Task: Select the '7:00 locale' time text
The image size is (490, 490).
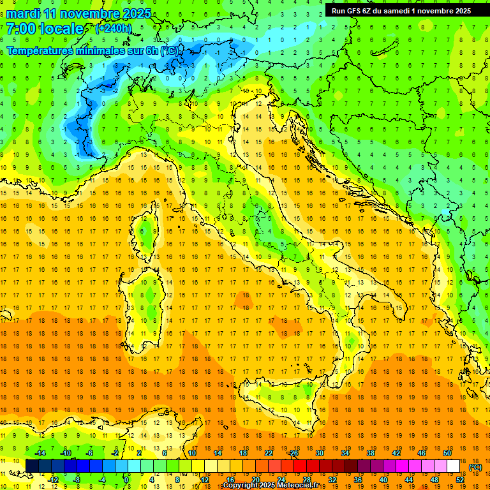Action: (x=45, y=29)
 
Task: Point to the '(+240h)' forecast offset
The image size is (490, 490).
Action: (x=114, y=29)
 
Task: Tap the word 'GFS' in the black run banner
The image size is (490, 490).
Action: (x=357, y=10)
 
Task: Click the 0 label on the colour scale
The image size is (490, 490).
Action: (x=126, y=479)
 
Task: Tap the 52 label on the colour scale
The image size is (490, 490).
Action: (x=459, y=479)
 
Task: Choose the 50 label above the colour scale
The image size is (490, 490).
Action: (x=447, y=453)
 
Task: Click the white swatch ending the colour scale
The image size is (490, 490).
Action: (x=453, y=466)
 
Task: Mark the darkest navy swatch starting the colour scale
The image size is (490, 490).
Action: (x=32, y=466)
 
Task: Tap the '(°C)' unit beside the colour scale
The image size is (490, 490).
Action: (x=475, y=467)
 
